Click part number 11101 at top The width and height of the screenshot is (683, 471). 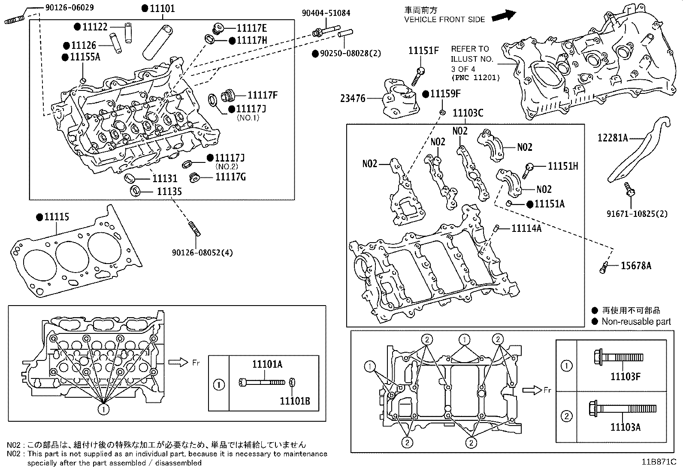pos(162,9)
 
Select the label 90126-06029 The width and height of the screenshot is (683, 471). pos(69,8)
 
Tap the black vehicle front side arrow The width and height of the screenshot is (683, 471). pos(503,16)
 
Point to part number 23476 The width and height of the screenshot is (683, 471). pos(353,99)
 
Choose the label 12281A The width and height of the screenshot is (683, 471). pos(613,138)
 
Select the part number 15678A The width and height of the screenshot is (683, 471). pos(636,266)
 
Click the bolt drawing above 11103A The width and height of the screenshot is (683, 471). pos(622,408)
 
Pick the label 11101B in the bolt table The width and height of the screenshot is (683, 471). pos(295,401)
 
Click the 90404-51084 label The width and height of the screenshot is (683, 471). pos(326,13)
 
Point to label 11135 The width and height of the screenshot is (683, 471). pos(169,192)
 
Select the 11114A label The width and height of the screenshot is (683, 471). pos(526,228)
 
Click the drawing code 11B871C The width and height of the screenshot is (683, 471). pos(659,462)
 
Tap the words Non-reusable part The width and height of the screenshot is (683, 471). pos(636,322)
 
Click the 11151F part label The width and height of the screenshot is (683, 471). pos(423,51)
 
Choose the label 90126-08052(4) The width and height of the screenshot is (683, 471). pos(202,253)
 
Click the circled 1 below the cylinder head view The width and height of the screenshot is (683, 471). pos(103,410)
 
